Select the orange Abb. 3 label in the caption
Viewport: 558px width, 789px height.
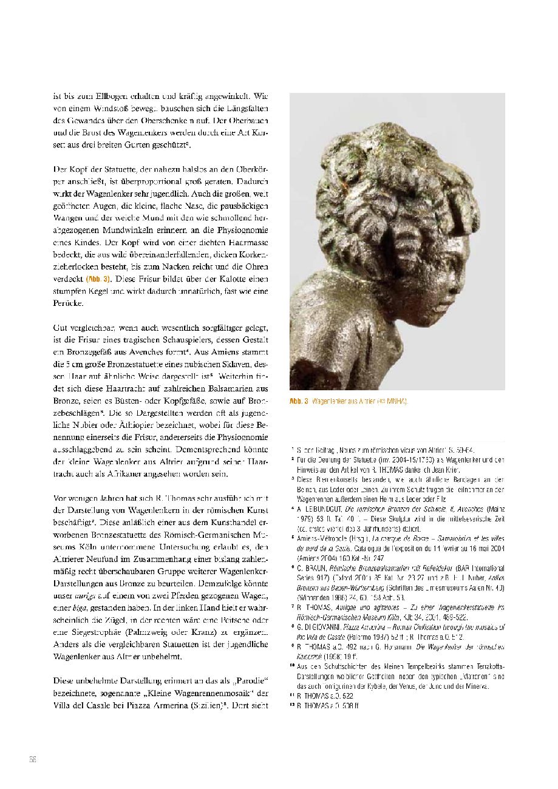[x=299, y=401]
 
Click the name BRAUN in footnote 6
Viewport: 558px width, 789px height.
[x=314, y=569]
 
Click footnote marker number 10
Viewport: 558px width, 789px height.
[x=292, y=666]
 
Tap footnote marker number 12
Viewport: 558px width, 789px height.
[x=292, y=705]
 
